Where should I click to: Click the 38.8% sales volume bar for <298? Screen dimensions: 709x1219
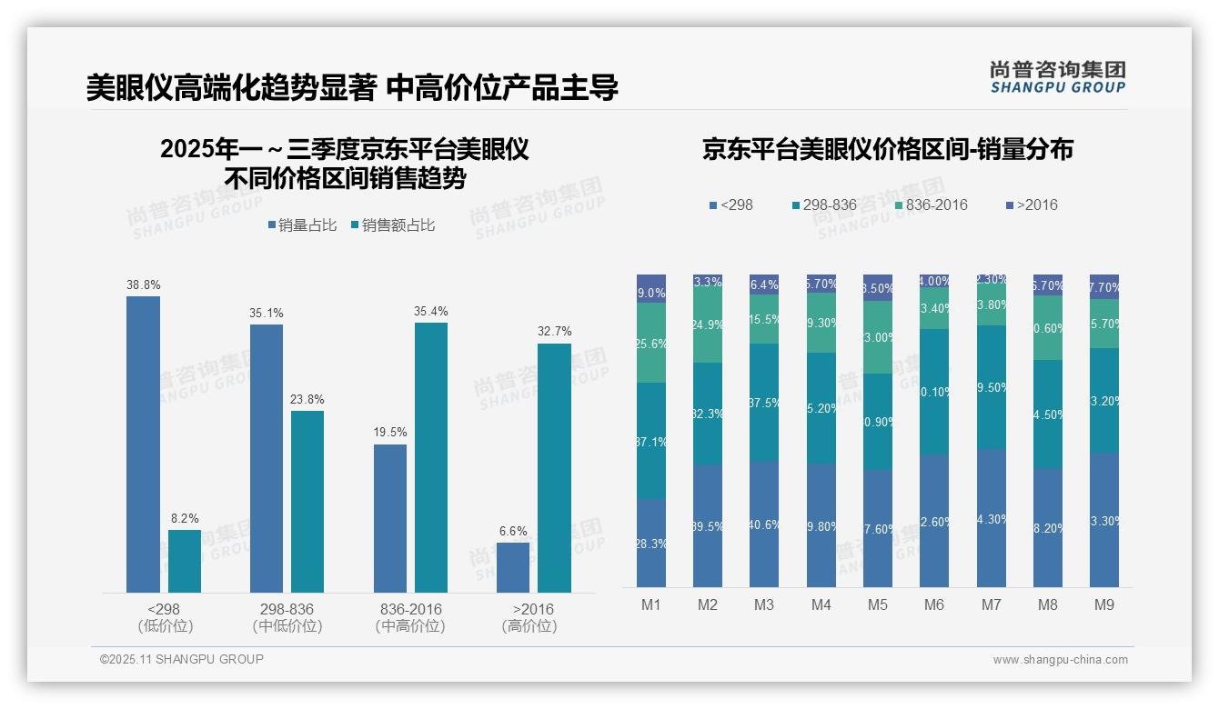tap(143, 444)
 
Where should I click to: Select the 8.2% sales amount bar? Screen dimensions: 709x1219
tap(185, 561)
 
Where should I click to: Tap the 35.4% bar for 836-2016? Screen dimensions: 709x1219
tap(431, 457)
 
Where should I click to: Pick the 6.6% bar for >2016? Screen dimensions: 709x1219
tap(513, 567)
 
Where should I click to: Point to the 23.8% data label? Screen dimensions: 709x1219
tap(307, 399)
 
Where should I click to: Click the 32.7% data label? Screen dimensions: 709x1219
tap(554, 332)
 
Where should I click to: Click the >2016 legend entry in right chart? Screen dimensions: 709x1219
tap(1032, 205)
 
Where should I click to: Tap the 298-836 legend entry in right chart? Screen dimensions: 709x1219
tap(824, 205)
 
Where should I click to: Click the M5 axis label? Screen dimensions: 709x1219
tap(878, 604)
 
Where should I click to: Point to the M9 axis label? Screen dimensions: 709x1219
tap(1103, 604)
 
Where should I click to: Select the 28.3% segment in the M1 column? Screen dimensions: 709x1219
tap(651, 543)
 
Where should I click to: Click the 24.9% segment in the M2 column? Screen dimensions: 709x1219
tap(708, 325)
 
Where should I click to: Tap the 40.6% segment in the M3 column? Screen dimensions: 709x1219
tap(764, 524)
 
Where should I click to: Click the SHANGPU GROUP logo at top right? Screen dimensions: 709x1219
tap(1057, 77)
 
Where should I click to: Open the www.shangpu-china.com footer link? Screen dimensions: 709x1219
tap(1060, 660)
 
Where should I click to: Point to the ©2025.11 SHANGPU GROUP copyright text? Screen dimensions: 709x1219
tap(182, 659)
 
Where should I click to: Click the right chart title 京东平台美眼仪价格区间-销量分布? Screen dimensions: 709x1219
tap(887, 149)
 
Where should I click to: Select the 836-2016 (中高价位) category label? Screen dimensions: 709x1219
tap(410, 617)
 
